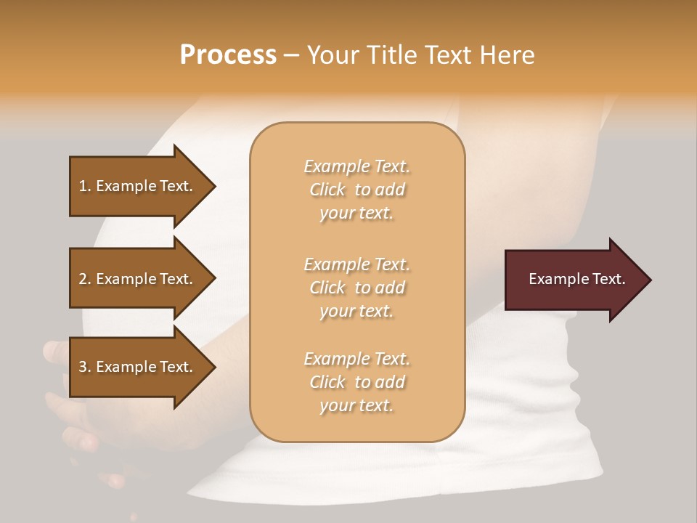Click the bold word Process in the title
tap(228, 55)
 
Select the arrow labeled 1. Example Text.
tap(138, 186)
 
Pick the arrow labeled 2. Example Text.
tap(138, 279)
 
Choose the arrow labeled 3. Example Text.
tap(138, 367)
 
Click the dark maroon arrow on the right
tap(574, 280)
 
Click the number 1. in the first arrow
tap(85, 186)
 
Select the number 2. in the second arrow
tap(85, 279)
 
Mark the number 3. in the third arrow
tap(85, 367)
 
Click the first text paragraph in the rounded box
tap(357, 190)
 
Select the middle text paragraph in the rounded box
tap(357, 288)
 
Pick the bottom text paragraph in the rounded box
tap(357, 382)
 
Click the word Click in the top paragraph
tap(327, 190)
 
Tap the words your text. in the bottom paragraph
tap(356, 405)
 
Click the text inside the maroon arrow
tap(577, 279)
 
